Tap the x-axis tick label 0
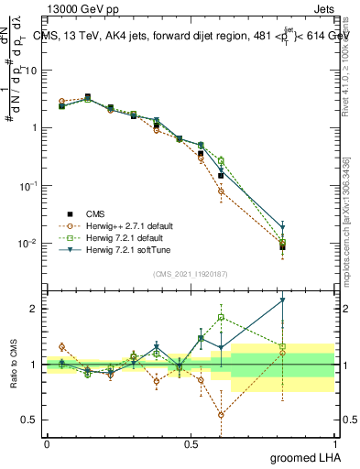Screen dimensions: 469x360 coord(48,443)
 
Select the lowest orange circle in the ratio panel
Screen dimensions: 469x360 coord(221,415)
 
